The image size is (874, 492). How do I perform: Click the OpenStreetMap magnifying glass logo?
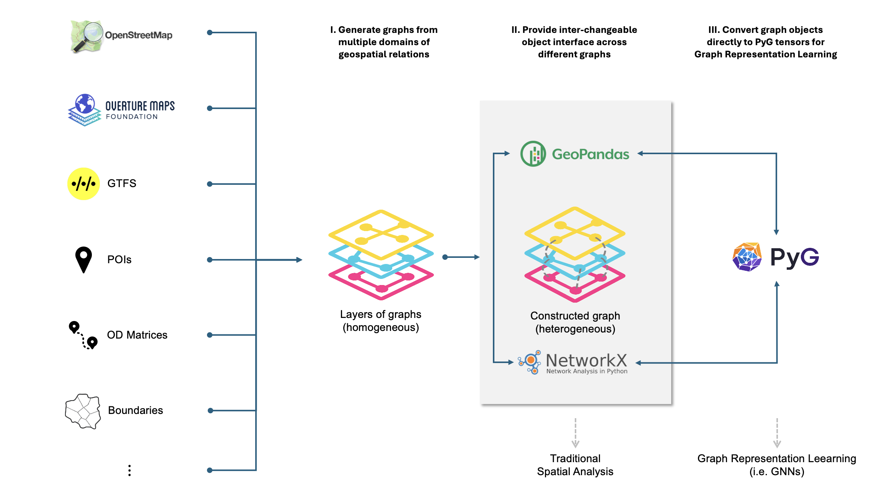87,36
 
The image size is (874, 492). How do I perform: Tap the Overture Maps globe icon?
85,104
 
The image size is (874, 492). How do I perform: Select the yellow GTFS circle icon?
83,184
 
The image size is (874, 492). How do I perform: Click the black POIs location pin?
83,259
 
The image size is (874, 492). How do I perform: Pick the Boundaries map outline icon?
83,411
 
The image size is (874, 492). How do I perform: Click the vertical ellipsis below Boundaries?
130,470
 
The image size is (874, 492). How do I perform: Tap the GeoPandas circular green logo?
533,154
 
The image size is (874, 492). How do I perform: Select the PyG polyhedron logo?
747,257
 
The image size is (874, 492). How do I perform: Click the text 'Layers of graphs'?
380,314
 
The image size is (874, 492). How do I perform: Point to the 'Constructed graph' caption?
575,316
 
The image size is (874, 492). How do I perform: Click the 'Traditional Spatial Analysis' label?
575,464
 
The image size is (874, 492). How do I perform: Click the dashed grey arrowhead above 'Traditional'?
575,444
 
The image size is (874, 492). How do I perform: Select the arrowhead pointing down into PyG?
776,232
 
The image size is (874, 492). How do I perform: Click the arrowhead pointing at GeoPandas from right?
640,153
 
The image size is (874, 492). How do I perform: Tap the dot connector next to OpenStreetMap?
210,33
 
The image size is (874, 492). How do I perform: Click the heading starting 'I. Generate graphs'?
384,42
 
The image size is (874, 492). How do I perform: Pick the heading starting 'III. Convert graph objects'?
765,42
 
